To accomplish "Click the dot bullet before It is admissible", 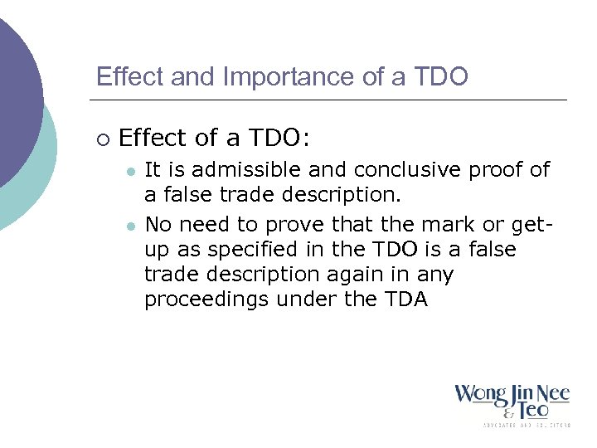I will coord(129,171).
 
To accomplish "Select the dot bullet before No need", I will coord(129,226).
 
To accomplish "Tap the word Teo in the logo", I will coord(531,408).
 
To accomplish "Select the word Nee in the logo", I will coord(553,393).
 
